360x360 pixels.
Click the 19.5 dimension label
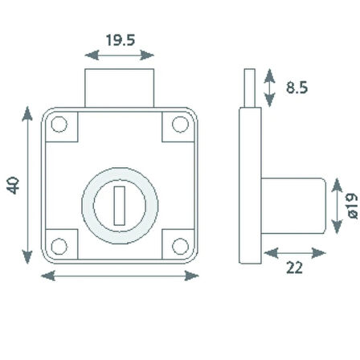click(x=121, y=40)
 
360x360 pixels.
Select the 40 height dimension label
click(x=13, y=185)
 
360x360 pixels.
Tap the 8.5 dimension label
click(x=297, y=88)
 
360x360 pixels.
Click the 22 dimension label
click(x=294, y=268)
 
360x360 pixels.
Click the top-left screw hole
click(x=59, y=125)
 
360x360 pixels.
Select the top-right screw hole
click(x=180, y=125)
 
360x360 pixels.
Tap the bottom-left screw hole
click(x=59, y=247)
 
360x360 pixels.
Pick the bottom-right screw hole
click(x=180, y=247)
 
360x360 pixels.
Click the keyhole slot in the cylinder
click(x=120, y=206)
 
